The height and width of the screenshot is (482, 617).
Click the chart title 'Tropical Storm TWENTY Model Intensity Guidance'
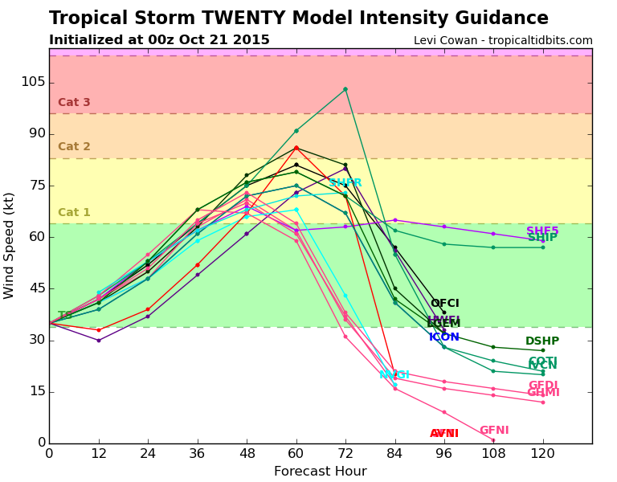point(298,18)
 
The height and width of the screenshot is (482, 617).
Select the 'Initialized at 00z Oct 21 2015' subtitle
point(159,40)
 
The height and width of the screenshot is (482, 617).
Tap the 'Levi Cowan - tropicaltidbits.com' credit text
point(503,40)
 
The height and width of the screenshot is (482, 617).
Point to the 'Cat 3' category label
point(74,103)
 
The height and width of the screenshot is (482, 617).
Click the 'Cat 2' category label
point(74,147)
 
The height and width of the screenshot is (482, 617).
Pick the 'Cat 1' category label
point(74,213)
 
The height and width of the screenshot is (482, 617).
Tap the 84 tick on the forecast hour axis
point(394,455)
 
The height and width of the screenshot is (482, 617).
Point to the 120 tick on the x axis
point(542,455)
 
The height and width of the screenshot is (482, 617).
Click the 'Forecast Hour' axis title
point(320,472)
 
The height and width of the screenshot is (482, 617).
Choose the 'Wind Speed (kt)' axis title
point(10,245)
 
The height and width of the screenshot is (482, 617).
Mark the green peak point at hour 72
point(345,89)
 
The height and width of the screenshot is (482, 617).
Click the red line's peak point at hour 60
point(296,148)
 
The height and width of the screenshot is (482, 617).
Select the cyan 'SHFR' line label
point(345,183)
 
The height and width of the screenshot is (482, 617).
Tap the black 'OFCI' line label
point(444,304)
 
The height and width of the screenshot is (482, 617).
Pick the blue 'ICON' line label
point(443,337)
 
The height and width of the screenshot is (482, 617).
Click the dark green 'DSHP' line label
point(541,341)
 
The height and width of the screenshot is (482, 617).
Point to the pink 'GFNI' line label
point(494,431)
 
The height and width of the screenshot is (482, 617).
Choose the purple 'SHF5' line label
point(542,231)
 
